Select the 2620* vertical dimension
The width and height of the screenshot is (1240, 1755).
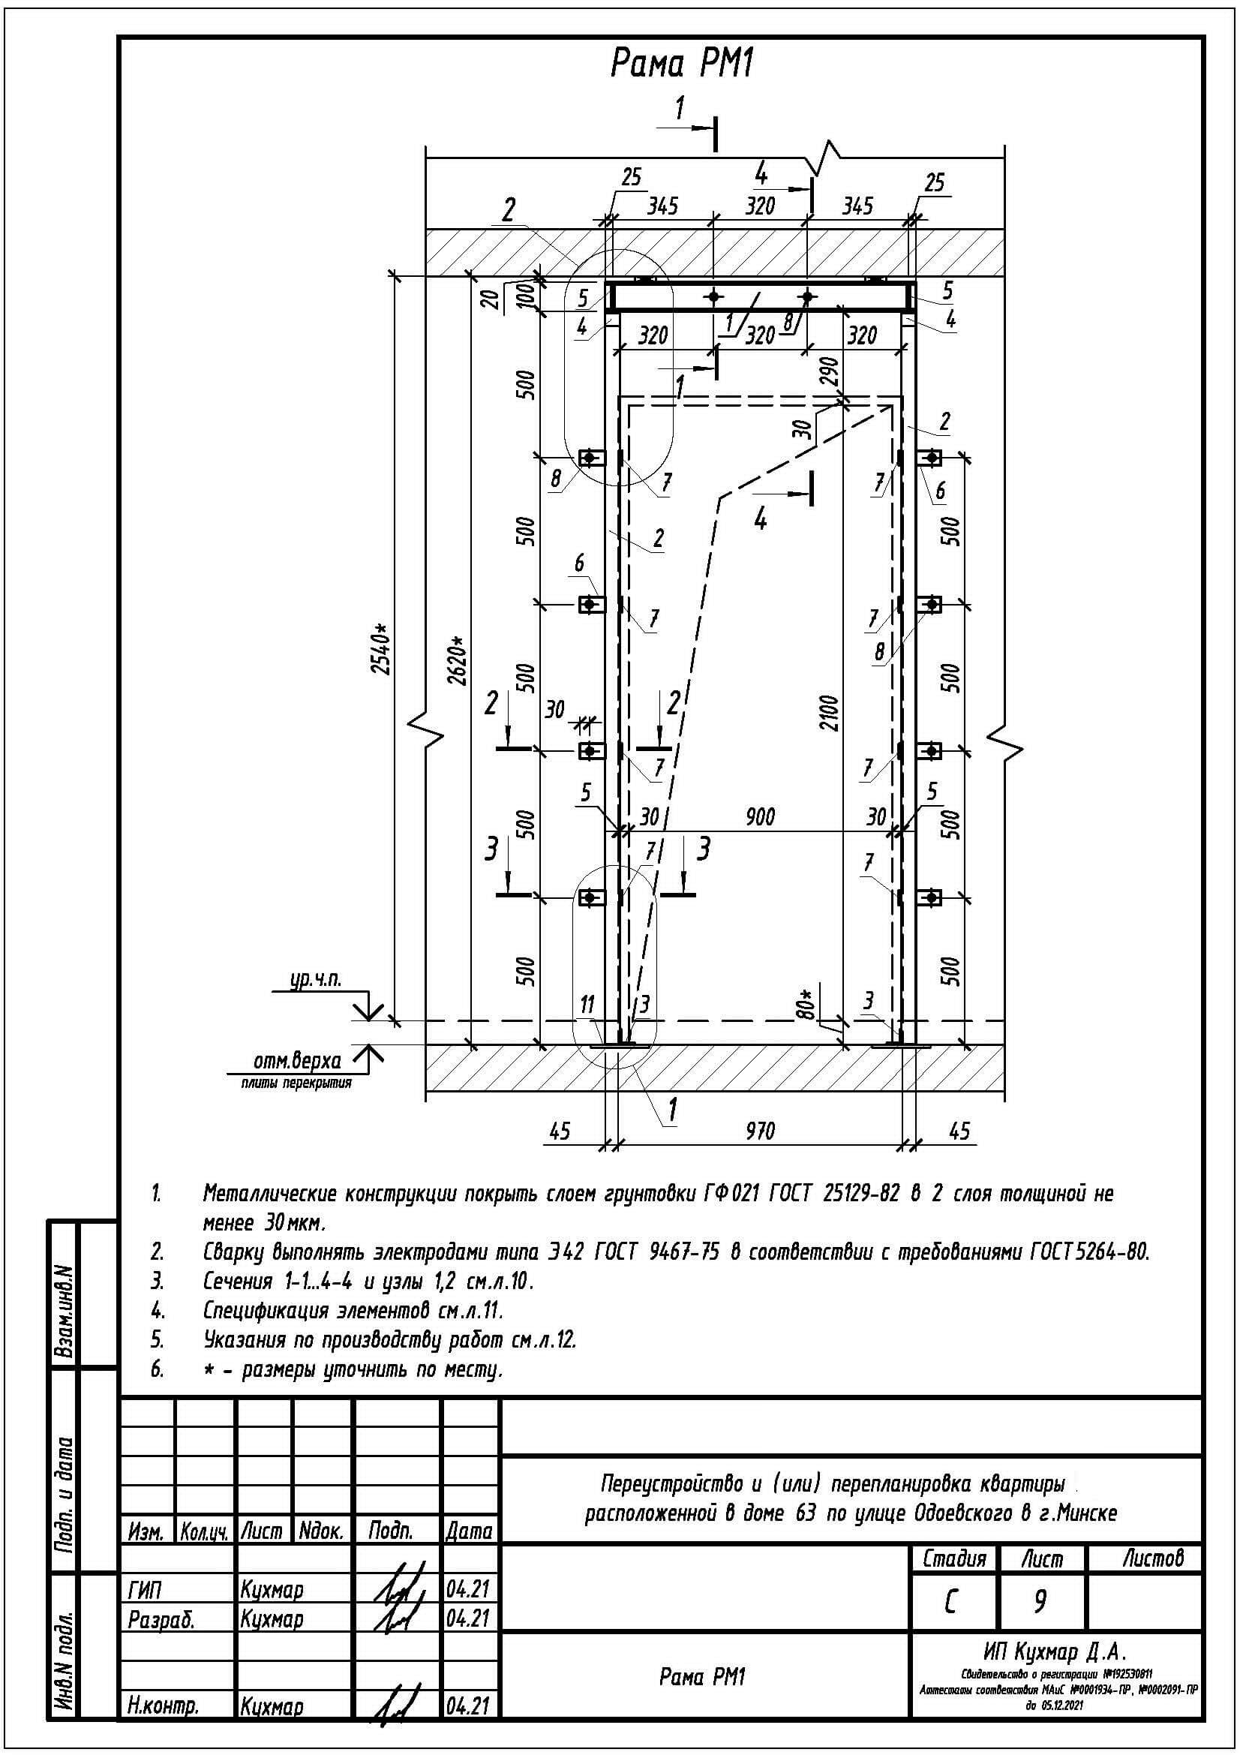[x=457, y=660]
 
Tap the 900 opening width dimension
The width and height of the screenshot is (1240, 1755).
[x=759, y=817]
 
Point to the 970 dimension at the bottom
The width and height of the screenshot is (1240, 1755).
[x=759, y=1131]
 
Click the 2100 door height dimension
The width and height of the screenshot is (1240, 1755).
[x=830, y=712]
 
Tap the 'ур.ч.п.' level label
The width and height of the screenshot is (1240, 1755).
[x=316, y=981]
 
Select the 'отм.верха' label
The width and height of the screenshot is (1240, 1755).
[x=297, y=1061]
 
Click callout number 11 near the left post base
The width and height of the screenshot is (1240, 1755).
[x=587, y=1005]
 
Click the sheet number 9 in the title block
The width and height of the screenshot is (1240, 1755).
[x=1040, y=1601]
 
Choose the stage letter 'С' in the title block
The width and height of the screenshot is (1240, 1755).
[x=950, y=1602]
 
